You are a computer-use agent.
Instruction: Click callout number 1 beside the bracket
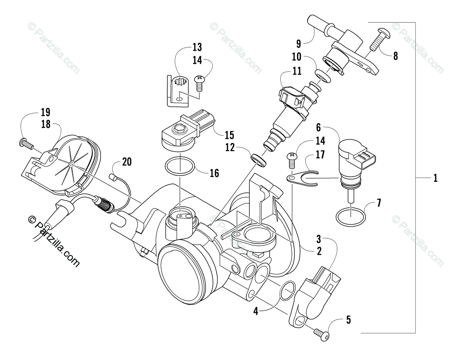[435, 178]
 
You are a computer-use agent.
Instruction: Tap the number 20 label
[126, 162]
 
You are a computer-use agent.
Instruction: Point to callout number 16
[215, 173]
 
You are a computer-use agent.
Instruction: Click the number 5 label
[348, 320]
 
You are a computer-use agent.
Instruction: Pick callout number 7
[379, 203]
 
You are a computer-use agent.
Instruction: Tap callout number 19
[45, 113]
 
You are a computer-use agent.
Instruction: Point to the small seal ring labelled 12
[258, 159]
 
